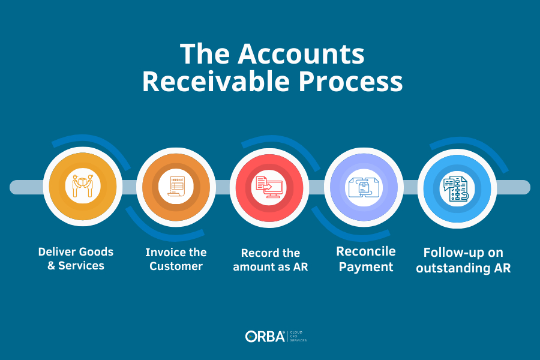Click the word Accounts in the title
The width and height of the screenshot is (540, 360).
pyautogui.click(x=301, y=54)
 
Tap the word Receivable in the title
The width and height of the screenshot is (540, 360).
pyautogui.click(x=216, y=82)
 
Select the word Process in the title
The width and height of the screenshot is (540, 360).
pyautogui.click(x=350, y=82)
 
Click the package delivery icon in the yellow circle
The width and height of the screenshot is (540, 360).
pyautogui.click(x=83, y=186)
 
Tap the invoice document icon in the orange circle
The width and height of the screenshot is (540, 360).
pyautogui.click(x=176, y=187)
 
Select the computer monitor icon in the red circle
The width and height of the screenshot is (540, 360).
pyautogui.click(x=269, y=187)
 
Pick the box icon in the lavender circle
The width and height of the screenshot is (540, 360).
pyautogui.click(x=364, y=187)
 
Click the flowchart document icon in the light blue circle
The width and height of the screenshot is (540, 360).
pyautogui.click(x=457, y=189)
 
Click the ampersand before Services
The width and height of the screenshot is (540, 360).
pyautogui.click(x=52, y=266)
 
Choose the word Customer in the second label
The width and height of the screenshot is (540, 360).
pyautogui.click(x=176, y=266)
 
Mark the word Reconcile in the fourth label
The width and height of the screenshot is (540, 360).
pyautogui.click(x=366, y=251)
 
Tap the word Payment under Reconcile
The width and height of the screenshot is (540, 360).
pyautogui.click(x=366, y=267)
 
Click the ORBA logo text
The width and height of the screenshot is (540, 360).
pyautogui.click(x=265, y=337)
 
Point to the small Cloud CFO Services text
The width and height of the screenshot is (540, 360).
pyautogui.click(x=298, y=337)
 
